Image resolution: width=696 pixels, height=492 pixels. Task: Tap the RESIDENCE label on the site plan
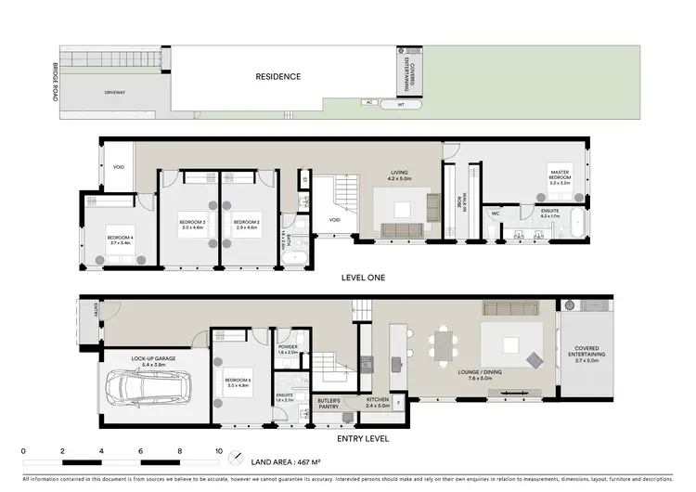[278, 77]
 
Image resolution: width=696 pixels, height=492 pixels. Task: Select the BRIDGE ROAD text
[57, 84]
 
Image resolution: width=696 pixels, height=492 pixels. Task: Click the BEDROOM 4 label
[120, 239]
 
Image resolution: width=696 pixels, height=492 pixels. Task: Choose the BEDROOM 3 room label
[192, 223]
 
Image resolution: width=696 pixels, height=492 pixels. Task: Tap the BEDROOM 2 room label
[247, 223]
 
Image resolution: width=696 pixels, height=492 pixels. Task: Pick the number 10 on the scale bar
[219, 451]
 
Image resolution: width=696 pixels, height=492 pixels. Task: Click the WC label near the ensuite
[496, 214]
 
